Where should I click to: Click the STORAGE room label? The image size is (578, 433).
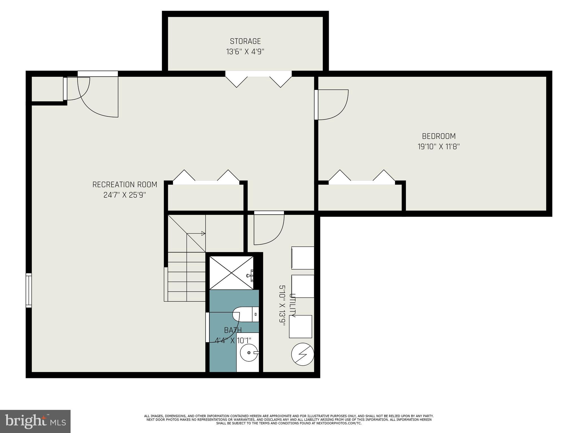click(x=245, y=41)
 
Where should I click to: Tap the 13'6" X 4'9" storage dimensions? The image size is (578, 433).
click(x=245, y=52)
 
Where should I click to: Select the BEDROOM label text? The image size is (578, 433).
click(x=439, y=136)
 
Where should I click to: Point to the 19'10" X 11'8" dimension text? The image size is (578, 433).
click(x=439, y=147)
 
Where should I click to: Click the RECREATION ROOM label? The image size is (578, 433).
click(x=125, y=185)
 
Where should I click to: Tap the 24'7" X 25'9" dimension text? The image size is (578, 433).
click(x=125, y=195)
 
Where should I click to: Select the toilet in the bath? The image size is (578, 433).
click(x=246, y=314)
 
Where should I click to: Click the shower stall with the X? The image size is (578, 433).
click(x=231, y=273)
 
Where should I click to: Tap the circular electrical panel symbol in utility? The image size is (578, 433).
click(x=303, y=354)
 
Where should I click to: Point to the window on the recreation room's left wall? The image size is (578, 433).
click(x=29, y=290)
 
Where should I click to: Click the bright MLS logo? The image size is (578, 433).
click(x=35, y=421)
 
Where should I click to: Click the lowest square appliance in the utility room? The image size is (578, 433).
click(x=300, y=326)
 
